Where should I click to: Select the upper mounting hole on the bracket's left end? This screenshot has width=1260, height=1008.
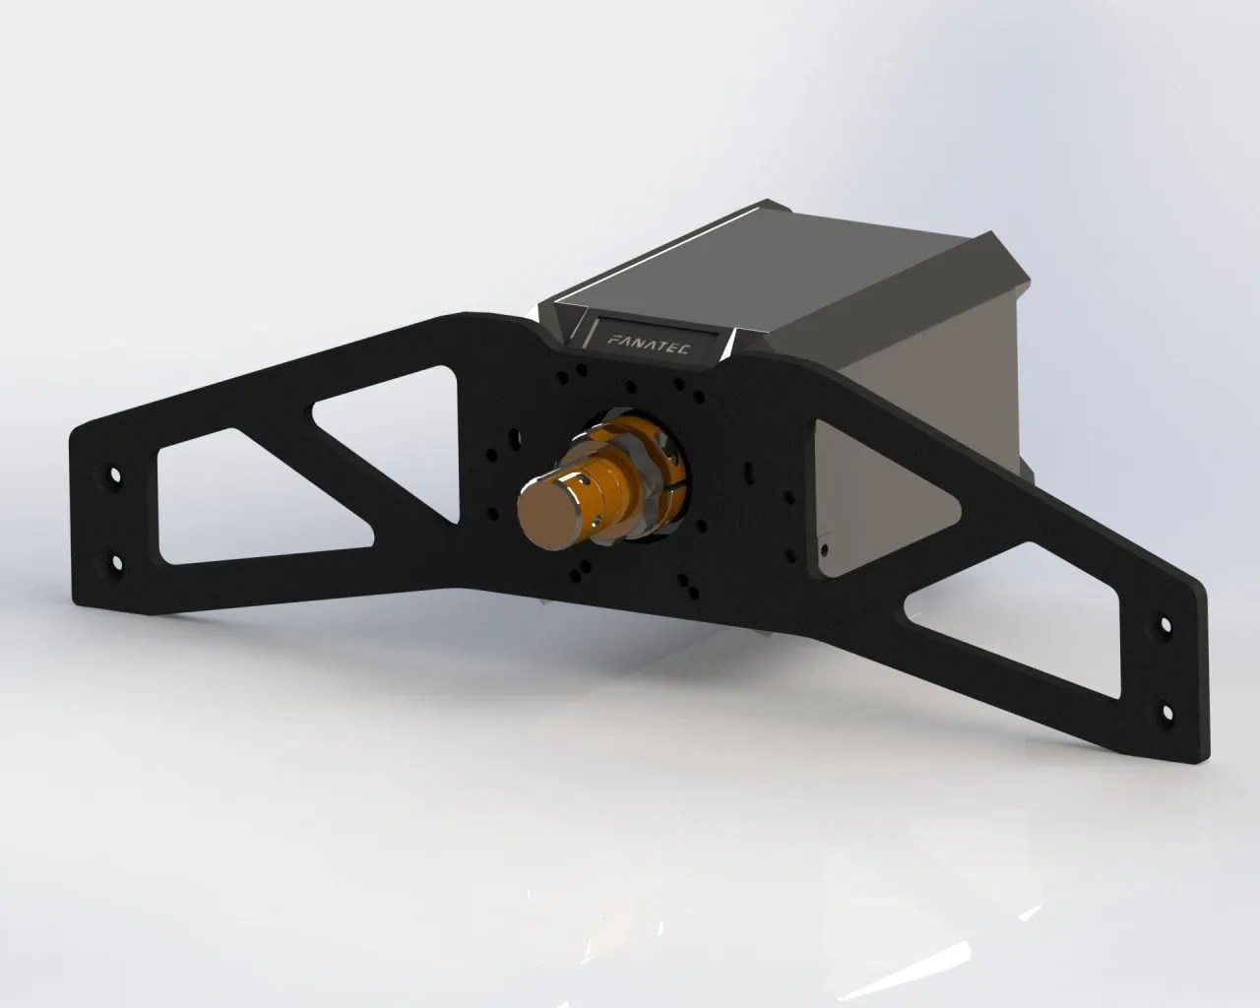click(114, 476)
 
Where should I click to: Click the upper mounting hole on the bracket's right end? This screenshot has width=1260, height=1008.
click(1165, 625)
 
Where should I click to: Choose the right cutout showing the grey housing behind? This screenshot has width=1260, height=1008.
click(866, 492)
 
